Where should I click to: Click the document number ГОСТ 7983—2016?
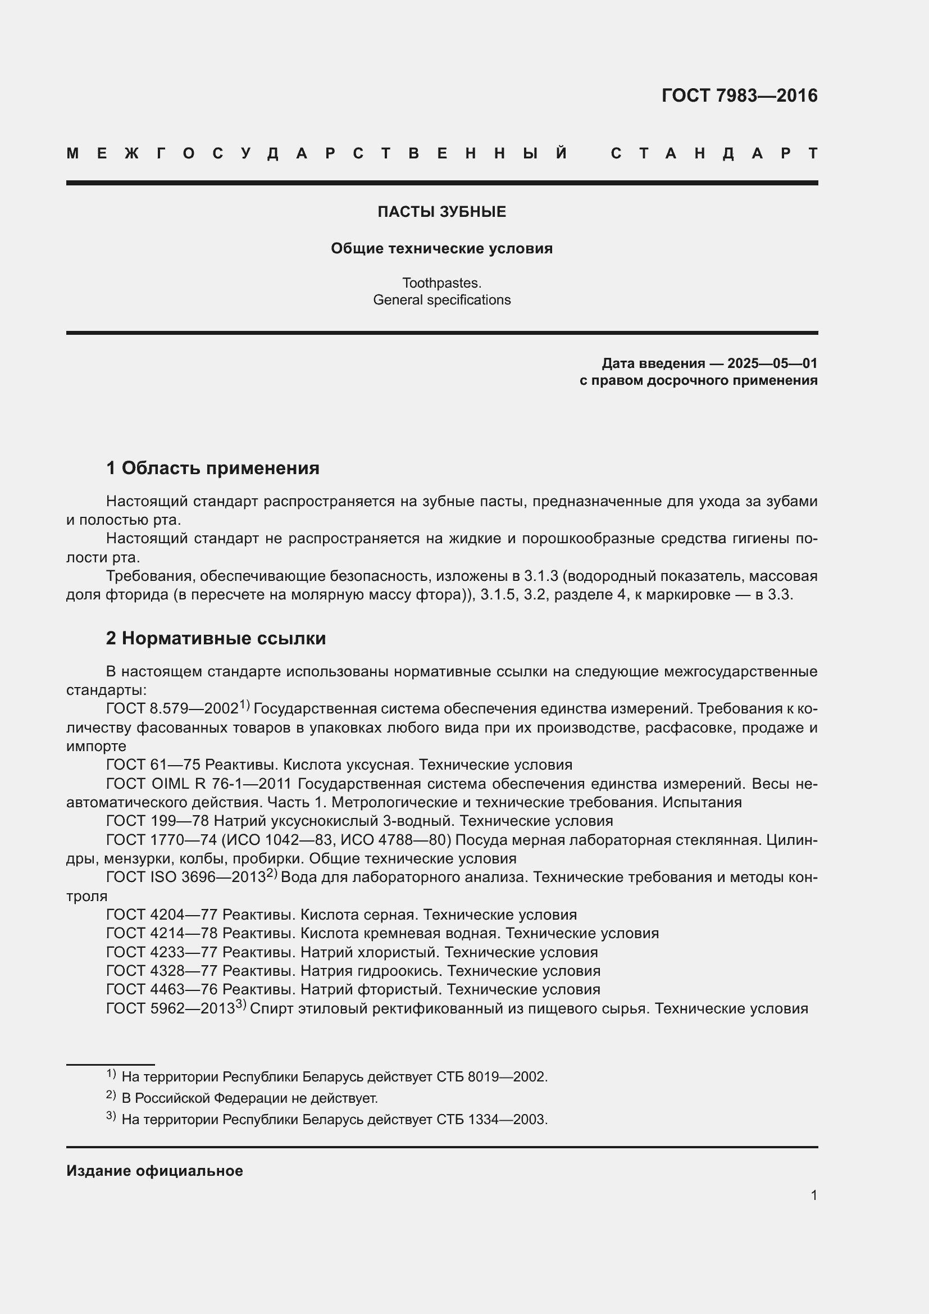(739, 96)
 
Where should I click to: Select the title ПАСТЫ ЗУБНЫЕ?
(441, 212)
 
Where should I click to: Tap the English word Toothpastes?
(441, 283)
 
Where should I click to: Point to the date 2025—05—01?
(772, 363)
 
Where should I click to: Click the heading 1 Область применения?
(213, 468)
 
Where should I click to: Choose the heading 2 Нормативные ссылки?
(216, 638)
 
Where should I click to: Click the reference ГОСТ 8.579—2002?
(172, 709)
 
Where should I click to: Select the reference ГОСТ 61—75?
(153, 765)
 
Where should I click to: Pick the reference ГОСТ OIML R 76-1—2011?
(198, 784)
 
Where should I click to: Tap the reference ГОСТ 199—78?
(158, 821)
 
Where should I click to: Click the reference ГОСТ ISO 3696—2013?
(186, 877)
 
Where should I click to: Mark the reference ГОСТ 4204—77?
(162, 915)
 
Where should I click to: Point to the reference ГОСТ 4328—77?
(162, 971)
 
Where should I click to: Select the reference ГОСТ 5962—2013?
(171, 1008)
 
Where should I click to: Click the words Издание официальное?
(154, 1171)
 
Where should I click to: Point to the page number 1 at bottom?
(813, 1195)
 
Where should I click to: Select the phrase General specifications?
(441, 300)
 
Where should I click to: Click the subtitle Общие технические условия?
(441, 248)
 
